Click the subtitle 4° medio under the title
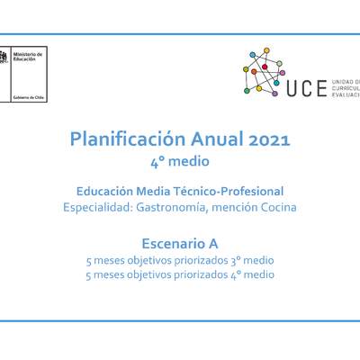(x=180, y=162)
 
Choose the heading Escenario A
(x=180, y=242)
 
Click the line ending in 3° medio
(x=180, y=260)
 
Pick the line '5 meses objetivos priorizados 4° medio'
(x=180, y=274)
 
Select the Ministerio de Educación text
(x=31, y=58)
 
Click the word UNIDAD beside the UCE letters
(x=346, y=82)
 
